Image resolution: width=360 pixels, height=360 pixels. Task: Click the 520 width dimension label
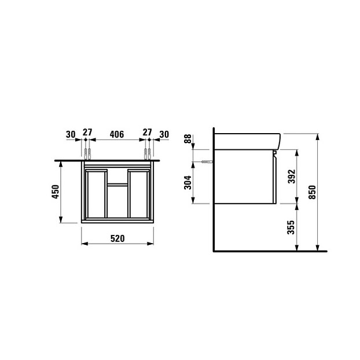(x=117, y=238)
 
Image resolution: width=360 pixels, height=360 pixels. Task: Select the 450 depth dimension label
(x=56, y=192)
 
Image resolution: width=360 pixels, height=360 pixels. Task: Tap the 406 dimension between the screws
(x=117, y=134)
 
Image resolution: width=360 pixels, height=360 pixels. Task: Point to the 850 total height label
(x=313, y=192)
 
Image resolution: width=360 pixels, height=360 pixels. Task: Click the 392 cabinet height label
(x=292, y=177)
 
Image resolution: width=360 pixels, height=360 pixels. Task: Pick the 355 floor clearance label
(x=291, y=227)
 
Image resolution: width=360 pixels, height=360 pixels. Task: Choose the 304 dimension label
(x=188, y=182)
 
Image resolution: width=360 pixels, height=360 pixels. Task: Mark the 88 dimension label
(x=188, y=139)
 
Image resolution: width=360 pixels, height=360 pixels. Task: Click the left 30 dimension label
(x=71, y=134)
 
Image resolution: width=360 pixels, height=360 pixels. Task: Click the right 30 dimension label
(x=164, y=134)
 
